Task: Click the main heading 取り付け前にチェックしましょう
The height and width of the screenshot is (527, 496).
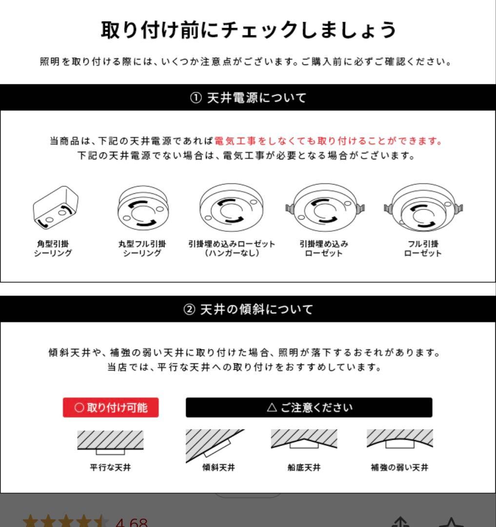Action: point(248,30)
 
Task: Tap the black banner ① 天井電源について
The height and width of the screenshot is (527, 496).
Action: point(248,98)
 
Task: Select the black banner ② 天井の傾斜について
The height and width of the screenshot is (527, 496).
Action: point(248,309)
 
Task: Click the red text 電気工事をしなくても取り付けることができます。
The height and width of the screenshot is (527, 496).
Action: point(328,141)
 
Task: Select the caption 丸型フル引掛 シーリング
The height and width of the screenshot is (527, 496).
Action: point(142,248)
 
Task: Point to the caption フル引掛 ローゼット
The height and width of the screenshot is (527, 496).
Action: point(423,248)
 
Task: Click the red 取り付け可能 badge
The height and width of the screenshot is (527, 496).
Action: point(111,407)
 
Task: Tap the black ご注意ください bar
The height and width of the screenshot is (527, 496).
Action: point(309,407)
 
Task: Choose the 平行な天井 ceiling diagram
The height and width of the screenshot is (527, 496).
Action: point(110,442)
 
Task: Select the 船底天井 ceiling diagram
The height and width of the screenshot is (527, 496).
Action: point(304,440)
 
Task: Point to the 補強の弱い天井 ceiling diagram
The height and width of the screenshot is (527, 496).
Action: point(399,440)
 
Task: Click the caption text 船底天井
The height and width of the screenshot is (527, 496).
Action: point(304,467)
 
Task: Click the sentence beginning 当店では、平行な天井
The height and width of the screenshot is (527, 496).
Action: point(244,367)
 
